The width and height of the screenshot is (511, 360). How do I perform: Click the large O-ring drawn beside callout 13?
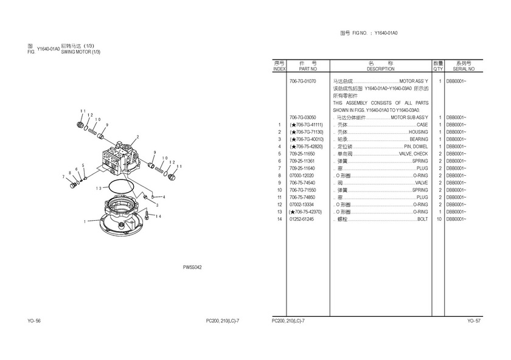coord(108,186)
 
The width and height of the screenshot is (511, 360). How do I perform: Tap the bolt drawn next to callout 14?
coord(148,215)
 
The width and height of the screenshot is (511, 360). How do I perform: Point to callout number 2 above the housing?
coord(137,137)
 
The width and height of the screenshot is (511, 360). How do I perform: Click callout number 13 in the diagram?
coord(99,188)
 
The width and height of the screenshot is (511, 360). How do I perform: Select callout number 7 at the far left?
coord(63,176)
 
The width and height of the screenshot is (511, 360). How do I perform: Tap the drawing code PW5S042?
coord(192,267)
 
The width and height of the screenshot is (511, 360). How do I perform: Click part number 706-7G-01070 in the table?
coord(303,81)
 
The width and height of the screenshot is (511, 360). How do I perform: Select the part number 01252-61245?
coord(302,219)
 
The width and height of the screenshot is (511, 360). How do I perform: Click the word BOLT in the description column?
coord(422,219)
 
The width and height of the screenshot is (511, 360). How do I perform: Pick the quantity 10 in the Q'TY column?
coord(439,219)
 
